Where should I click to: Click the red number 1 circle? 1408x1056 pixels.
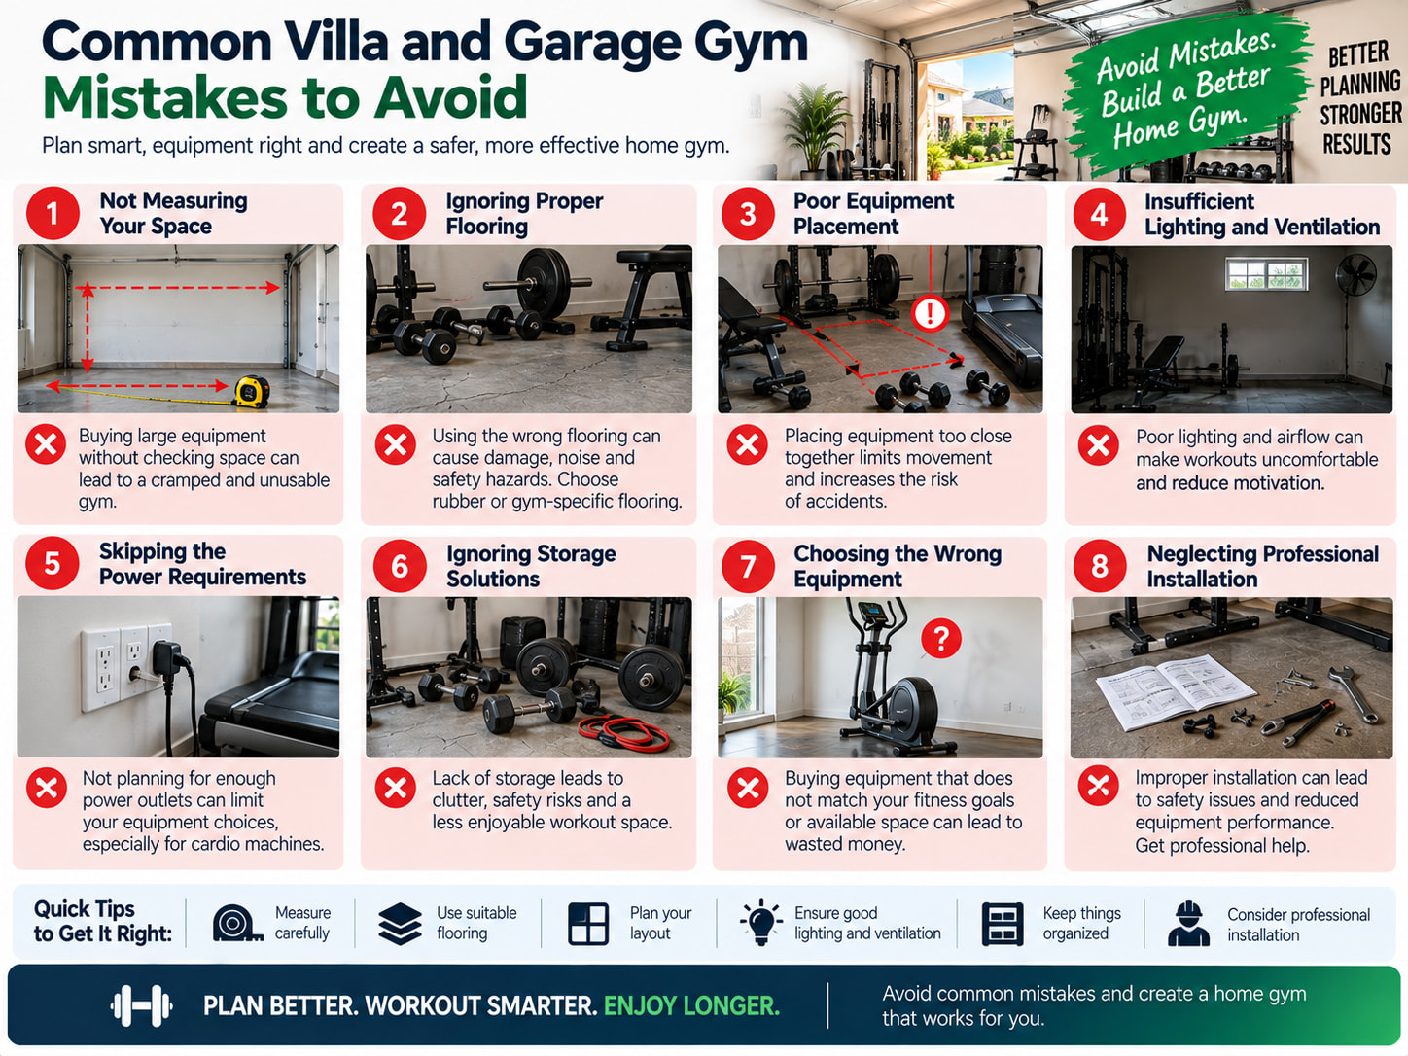tap(53, 214)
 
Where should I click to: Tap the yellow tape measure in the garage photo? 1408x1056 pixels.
tap(252, 391)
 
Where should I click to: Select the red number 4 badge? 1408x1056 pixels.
tap(1100, 214)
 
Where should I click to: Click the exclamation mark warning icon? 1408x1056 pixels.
tap(930, 313)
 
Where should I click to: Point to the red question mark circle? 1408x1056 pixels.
tap(941, 638)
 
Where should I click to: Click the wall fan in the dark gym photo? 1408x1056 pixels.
tap(1355, 282)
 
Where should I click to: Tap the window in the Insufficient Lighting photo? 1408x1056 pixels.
tap(1266, 274)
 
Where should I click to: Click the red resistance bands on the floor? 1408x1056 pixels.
tap(623, 733)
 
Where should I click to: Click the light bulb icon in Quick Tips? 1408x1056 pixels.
tap(760, 922)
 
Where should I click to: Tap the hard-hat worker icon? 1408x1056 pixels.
tap(1188, 924)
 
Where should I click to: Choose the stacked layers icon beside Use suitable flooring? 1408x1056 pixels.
tap(400, 924)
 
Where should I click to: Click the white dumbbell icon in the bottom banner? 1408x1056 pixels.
tap(141, 1004)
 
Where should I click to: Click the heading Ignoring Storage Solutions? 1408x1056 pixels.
tap(531, 566)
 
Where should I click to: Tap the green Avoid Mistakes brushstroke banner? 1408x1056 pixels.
tap(1183, 93)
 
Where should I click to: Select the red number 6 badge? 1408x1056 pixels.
tap(400, 566)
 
